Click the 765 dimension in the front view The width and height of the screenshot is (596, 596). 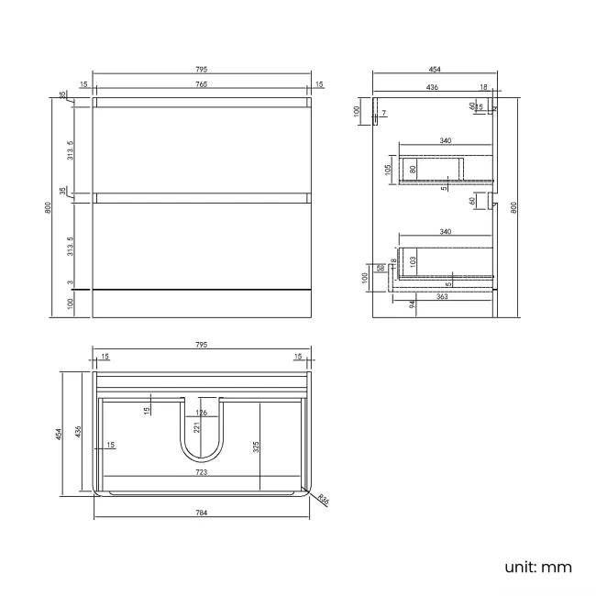tap(201, 85)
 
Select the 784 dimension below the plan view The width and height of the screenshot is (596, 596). tap(201, 512)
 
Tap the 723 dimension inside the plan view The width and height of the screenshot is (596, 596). tap(201, 472)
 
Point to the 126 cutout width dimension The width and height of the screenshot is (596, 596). tap(201, 413)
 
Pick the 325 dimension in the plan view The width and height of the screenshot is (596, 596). tap(258, 447)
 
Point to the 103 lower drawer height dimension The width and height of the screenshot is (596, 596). tap(413, 261)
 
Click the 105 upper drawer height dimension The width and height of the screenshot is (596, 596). tap(388, 169)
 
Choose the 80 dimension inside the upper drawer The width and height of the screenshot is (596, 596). tap(414, 169)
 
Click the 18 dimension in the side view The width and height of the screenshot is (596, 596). tap(482, 87)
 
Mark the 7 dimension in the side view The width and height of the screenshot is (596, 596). tap(384, 114)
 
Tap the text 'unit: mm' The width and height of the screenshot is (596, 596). tap(538, 567)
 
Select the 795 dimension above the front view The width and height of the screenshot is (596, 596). tap(201, 70)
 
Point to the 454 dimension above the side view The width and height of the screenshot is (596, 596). tap(433, 70)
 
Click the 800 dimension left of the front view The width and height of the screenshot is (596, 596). tap(48, 208)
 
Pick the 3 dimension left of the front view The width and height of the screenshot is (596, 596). tap(70, 284)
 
